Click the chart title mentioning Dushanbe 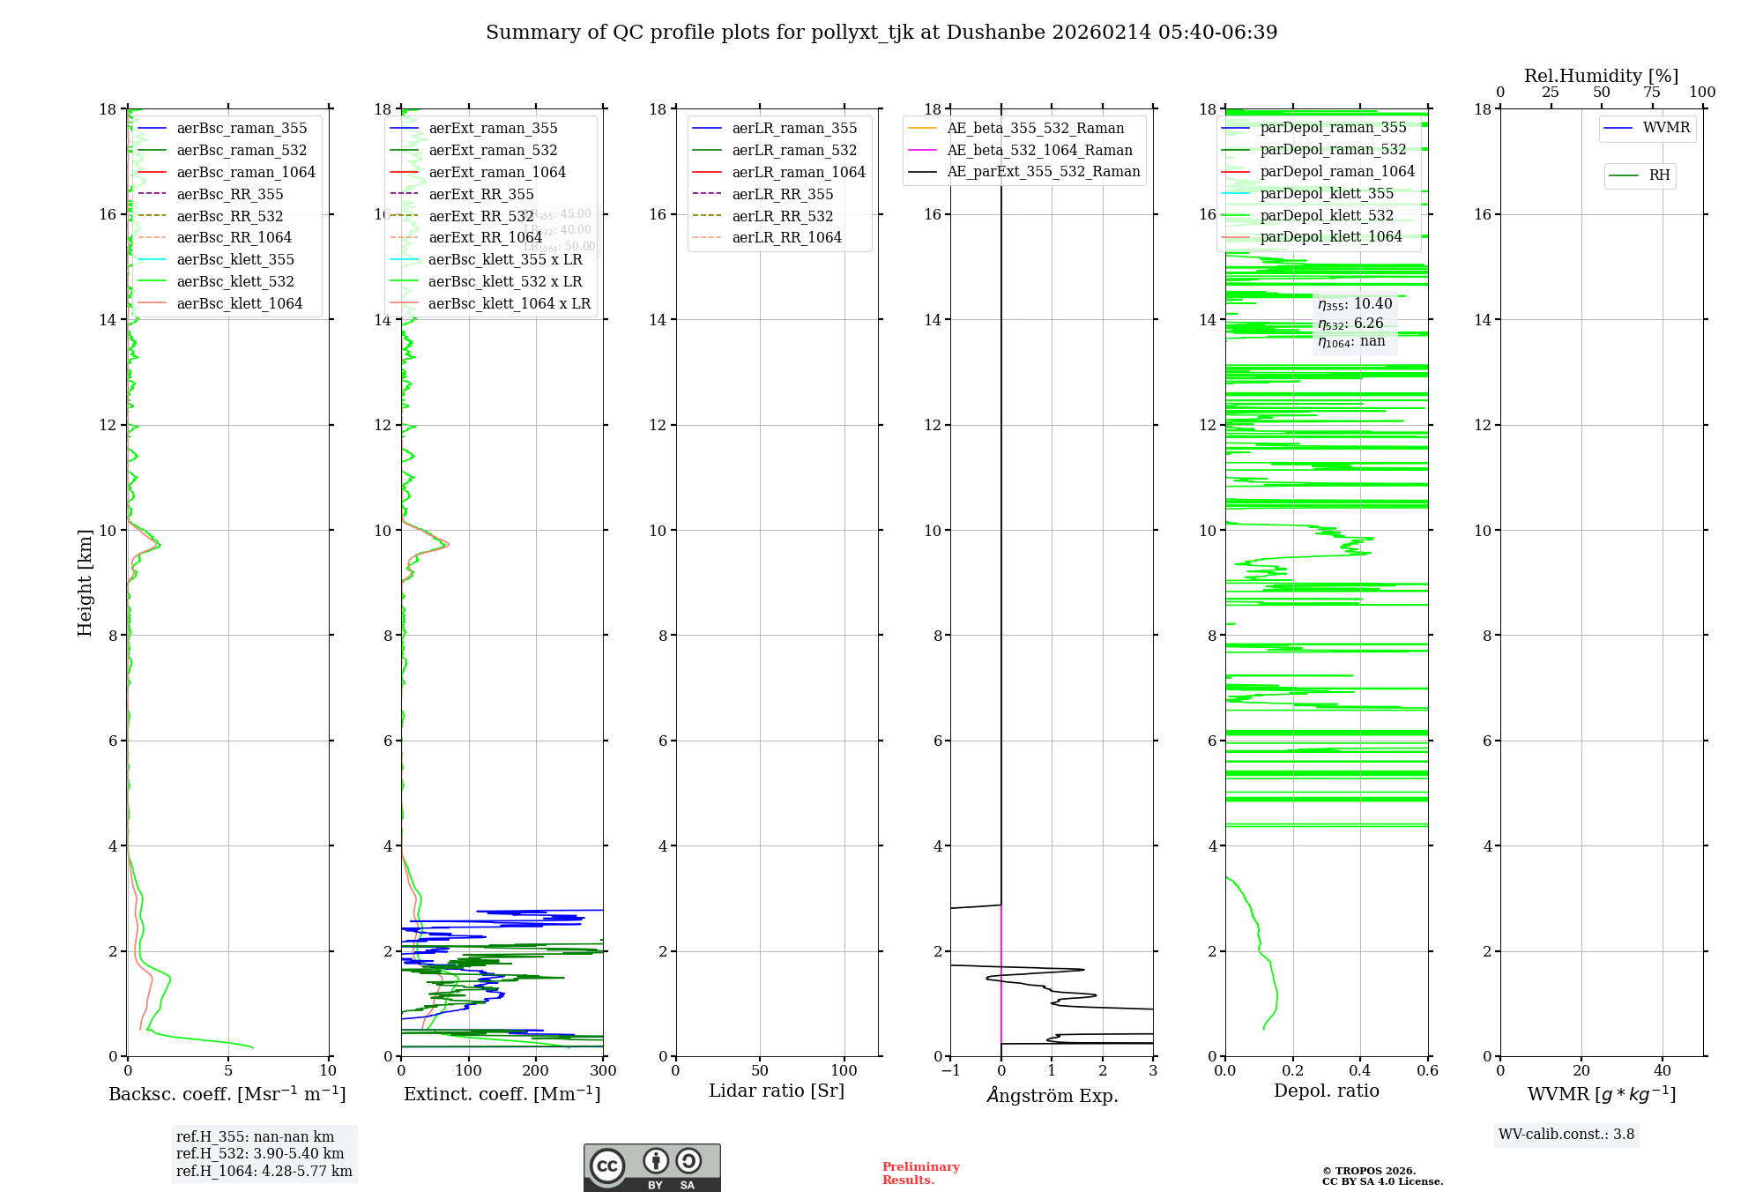881,33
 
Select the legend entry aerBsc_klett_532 234,281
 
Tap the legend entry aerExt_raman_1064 497,172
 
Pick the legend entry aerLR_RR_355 782,194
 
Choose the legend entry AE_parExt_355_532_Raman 1043,171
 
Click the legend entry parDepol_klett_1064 1330,236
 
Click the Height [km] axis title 85,582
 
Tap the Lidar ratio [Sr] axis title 776,1091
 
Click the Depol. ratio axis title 1326,1091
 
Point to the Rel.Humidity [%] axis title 1601,76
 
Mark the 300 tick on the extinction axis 603,1071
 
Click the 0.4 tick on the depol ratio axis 1360,1071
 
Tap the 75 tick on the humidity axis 1651,93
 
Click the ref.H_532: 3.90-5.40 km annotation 259,1153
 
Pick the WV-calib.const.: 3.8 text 1566,1135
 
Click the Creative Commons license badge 651,1167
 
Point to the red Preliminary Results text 920,1173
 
